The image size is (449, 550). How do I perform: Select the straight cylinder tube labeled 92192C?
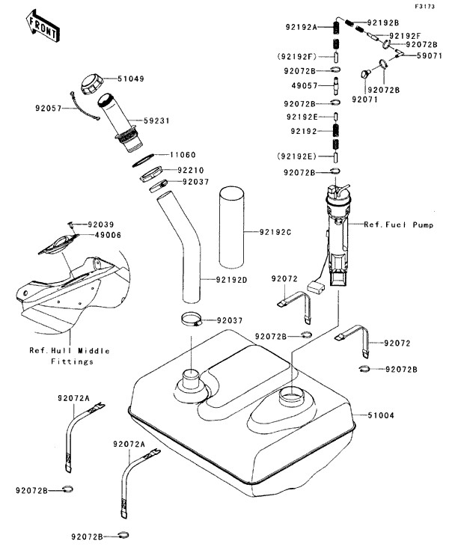(232, 228)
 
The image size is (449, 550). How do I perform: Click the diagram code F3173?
(424, 6)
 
